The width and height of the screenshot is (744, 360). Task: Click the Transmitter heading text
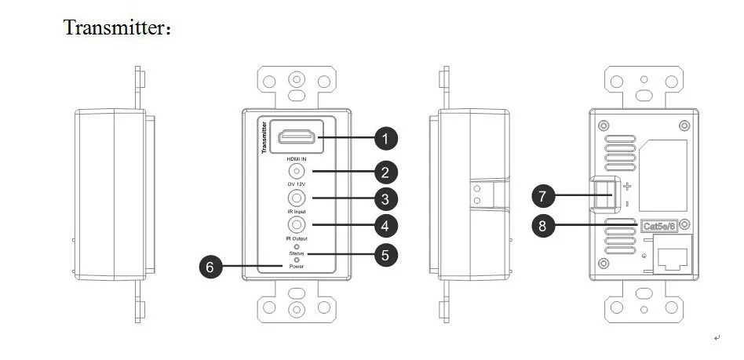tap(117, 27)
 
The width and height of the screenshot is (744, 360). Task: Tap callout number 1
tap(386, 139)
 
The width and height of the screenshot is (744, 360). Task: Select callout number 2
tap(386, 173)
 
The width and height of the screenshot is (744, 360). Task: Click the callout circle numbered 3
tap(386, 199)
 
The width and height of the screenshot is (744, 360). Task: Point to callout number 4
tap(386, 226)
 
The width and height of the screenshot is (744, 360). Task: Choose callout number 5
tap(386, 255)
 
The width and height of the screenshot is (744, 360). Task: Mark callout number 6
tap(210, 267)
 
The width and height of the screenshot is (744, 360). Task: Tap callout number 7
tap(543, 196)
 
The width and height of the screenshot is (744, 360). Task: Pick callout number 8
tap(543, 225)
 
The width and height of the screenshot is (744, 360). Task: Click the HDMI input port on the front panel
tap(297, 136)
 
